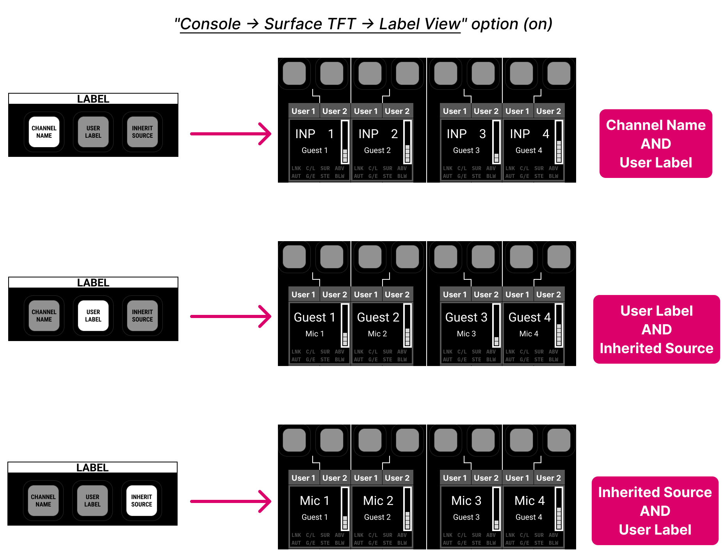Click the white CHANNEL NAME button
44,132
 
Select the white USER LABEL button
93,316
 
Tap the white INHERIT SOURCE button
142,501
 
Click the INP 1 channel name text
314,134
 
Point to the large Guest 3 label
466,317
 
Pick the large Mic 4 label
529,501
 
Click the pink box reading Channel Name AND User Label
656,144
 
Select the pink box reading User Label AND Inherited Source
657,329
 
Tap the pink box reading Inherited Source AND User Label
655,511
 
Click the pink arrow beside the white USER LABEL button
231,316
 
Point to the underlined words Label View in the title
420,24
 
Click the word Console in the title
210,24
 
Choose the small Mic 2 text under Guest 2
377,334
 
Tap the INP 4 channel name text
529,134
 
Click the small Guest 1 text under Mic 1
315,517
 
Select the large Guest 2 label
378,317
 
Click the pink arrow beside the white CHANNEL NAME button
231,134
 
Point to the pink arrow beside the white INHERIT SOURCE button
231,501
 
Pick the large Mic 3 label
466,501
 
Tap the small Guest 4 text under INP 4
529,150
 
